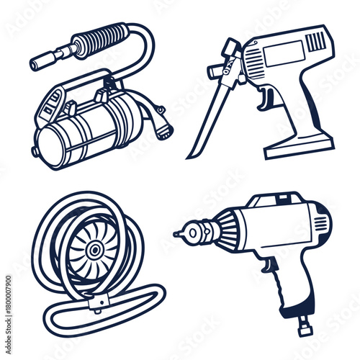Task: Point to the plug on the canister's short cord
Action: (165, 130)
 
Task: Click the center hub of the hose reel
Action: (94, 251)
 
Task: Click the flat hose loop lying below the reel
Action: (108, 317)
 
